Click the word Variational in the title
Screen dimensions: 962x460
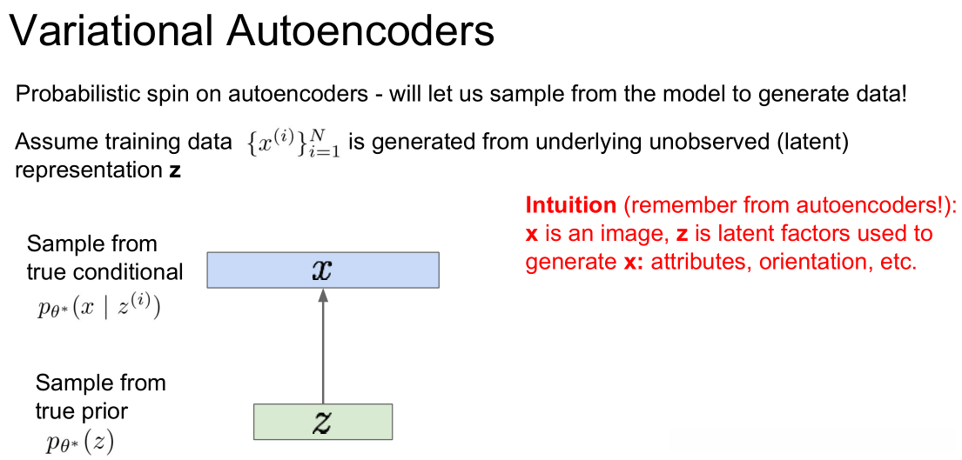110,32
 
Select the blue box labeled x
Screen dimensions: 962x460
322,270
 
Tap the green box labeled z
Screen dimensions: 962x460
322,422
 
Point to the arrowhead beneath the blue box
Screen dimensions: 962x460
322,295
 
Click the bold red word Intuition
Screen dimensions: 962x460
570,206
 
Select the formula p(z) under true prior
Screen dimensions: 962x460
79,443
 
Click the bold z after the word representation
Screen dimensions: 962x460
175,170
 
